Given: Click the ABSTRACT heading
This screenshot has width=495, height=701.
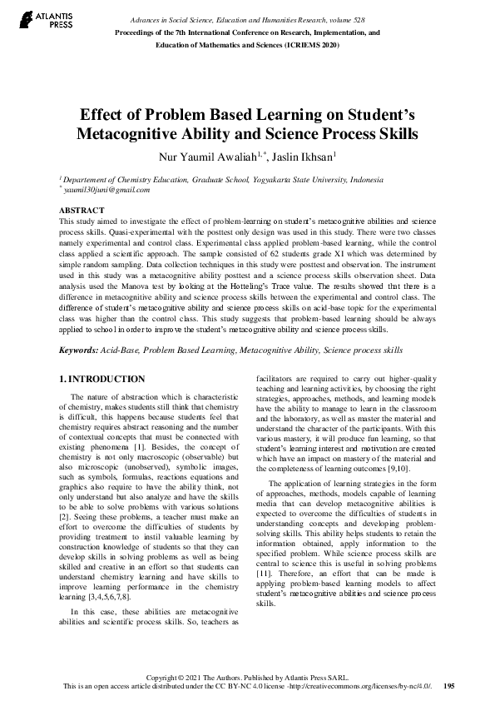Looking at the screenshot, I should point(82,211).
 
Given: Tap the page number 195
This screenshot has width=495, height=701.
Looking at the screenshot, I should point(448,686).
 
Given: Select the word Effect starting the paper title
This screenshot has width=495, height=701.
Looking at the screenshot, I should point(103,115).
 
